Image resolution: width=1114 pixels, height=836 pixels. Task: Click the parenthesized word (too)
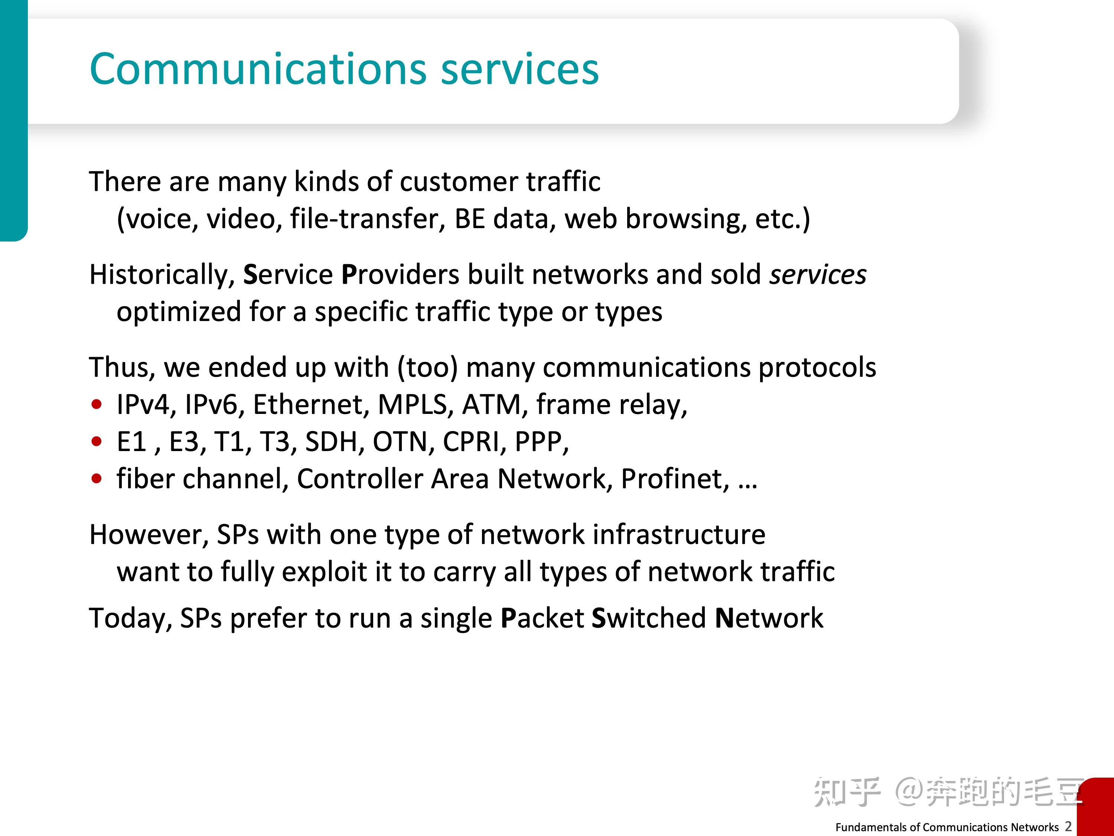coord(427,367)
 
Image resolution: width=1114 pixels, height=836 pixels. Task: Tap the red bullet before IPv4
coord(97,404)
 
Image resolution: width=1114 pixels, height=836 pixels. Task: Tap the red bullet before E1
coord(97,441)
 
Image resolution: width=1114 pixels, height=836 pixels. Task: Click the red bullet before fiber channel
coord(97,478)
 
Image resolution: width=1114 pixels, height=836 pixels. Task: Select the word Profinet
coord(675,479)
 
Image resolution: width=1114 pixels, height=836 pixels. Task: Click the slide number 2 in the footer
coord(1068,826)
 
